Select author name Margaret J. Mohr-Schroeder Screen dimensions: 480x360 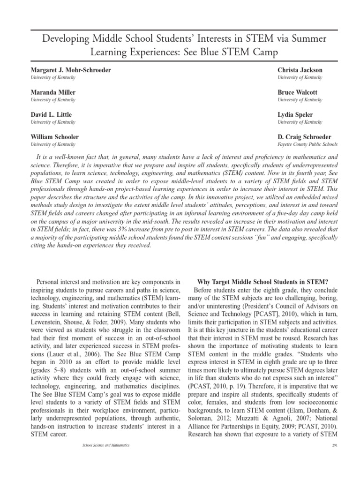tap(71, 70)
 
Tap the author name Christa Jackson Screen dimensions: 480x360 tap(300, 70)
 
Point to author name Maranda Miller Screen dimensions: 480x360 tap(53, 92)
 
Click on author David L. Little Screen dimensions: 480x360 tap(51, 115)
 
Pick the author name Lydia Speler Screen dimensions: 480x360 tap(296, 115)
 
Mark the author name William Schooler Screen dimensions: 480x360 tap(55, 137)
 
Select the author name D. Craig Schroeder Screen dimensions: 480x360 tap(304, 137)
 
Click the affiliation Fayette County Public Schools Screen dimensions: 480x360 tap(307, 144)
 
